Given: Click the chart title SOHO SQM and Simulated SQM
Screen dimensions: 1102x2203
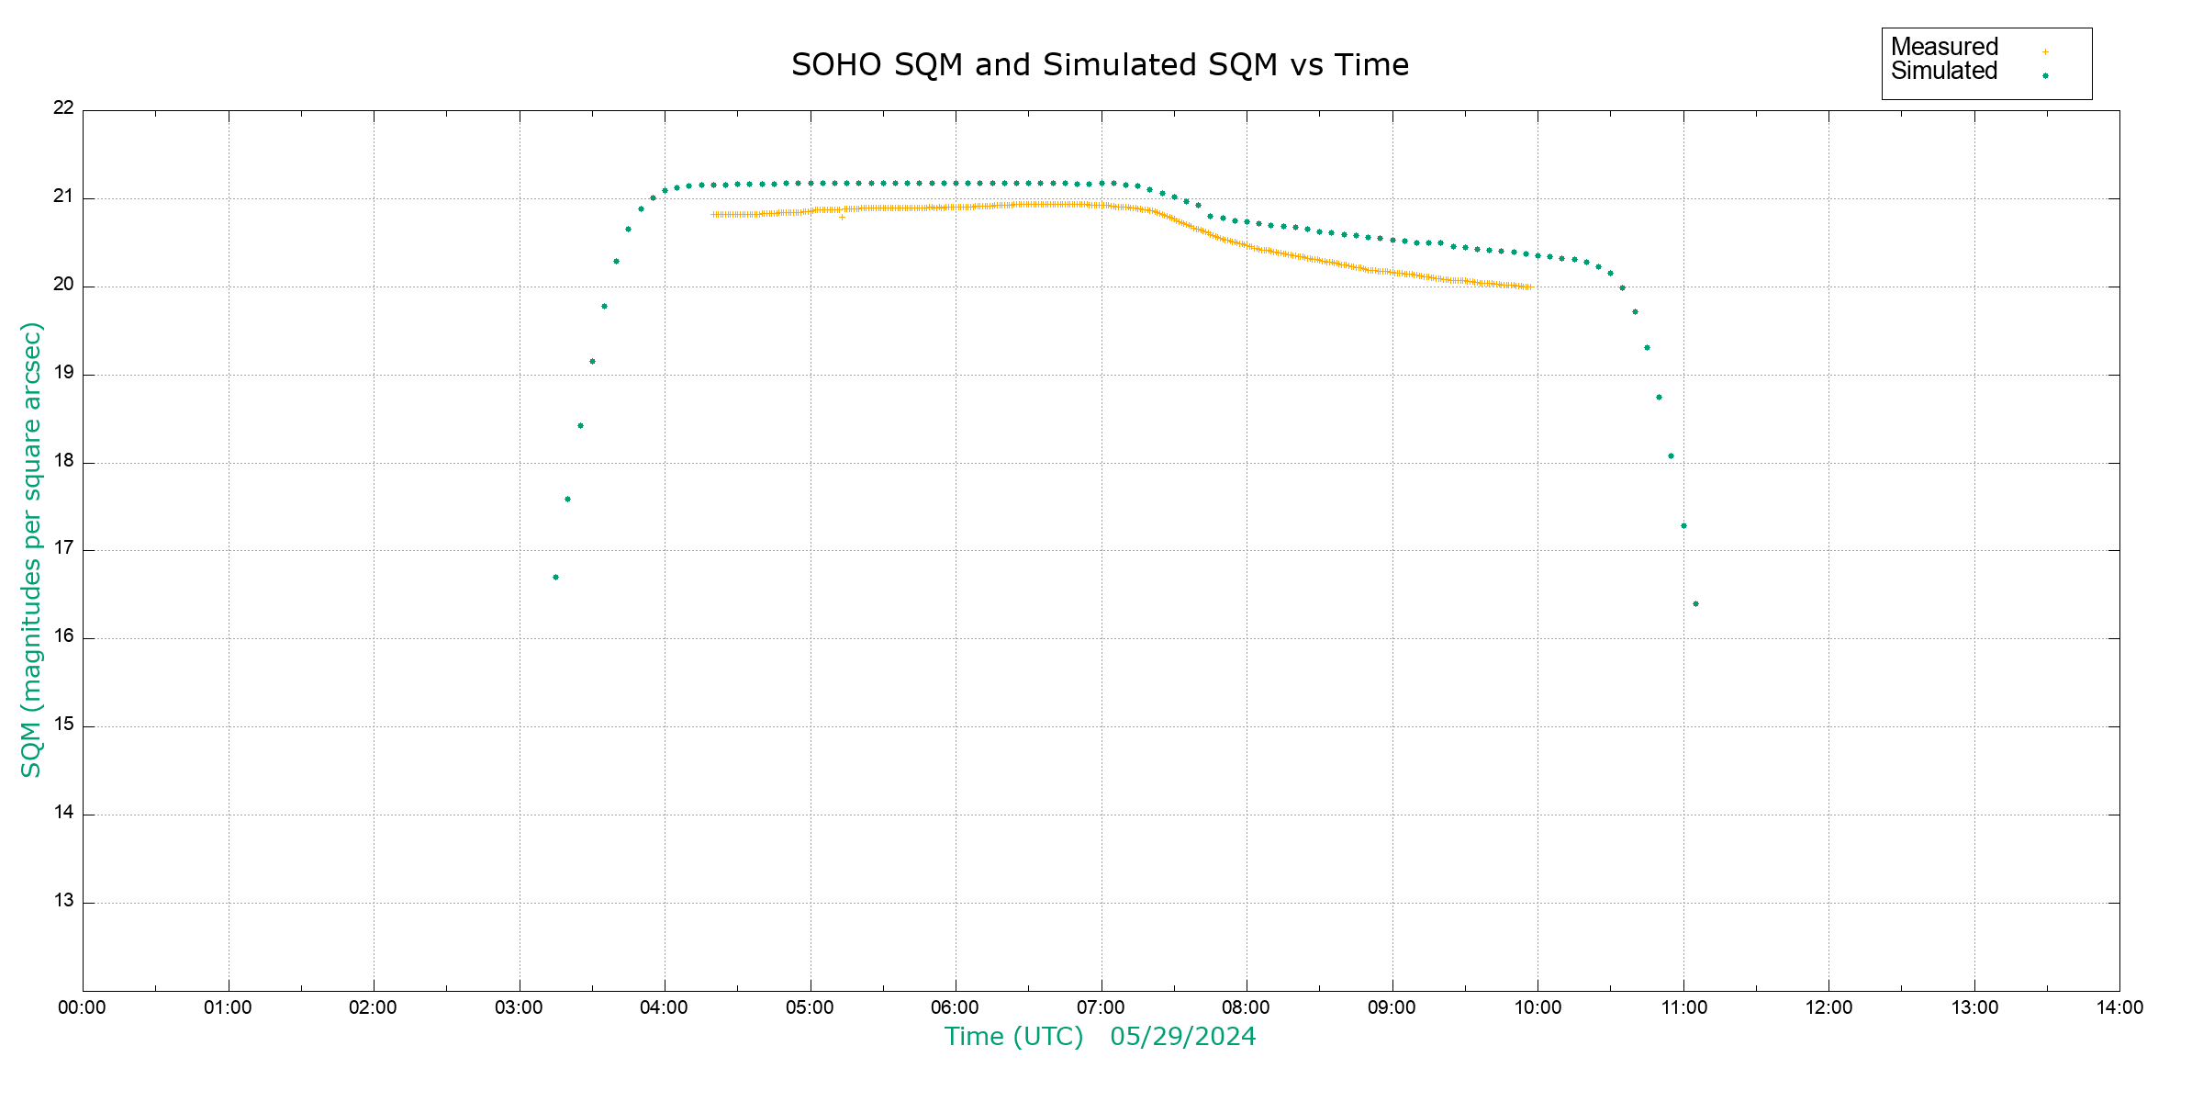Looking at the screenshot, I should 1100,65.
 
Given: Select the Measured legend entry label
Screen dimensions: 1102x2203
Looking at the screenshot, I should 1944,47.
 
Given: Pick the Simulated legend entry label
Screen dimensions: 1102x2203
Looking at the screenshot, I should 1944,71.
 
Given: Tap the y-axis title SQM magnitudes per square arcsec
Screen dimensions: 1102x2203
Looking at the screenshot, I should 31,549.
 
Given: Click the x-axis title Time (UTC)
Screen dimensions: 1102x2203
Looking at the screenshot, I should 1013,1037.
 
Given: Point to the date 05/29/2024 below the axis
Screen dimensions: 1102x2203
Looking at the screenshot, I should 1182,1037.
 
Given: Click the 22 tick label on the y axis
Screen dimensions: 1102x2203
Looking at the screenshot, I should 63,107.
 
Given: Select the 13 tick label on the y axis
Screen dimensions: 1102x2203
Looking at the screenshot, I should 63,901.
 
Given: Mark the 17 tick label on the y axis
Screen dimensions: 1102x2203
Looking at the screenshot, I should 63,548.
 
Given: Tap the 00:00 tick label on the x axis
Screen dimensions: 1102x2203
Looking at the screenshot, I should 82,1007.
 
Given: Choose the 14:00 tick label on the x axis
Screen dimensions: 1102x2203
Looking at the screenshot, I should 2119,1007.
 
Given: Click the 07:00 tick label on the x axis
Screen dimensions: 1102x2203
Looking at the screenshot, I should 1101,1007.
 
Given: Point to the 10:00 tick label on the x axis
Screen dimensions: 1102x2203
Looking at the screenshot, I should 1538,1007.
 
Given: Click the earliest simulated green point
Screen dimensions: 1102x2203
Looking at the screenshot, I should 555,577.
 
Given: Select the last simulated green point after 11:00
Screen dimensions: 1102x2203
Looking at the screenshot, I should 1695,603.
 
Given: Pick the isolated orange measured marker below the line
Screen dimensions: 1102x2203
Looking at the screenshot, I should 842,217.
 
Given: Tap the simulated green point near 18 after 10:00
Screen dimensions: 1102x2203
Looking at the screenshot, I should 1671,455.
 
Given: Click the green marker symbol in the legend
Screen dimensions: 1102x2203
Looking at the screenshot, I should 2045,75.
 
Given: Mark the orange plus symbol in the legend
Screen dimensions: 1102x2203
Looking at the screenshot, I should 2045,51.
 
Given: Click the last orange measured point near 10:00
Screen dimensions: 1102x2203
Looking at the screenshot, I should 1530,287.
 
